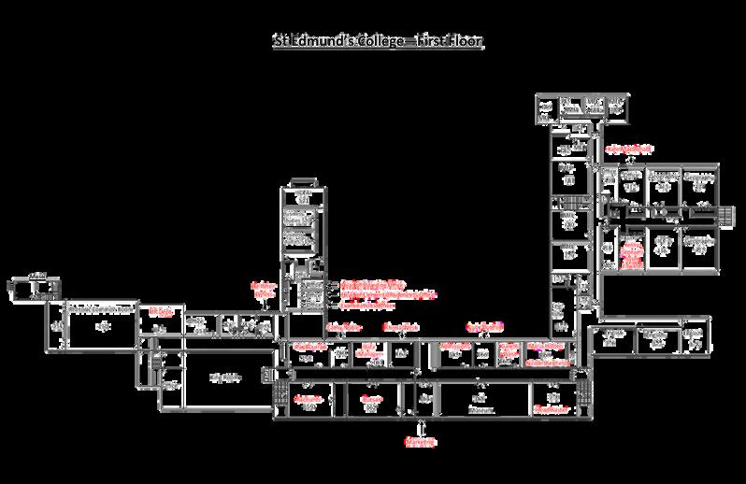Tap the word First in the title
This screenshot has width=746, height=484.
tap(424, 42)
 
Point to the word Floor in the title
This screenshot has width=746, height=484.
tap(463, 42)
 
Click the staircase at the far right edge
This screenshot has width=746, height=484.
tap(725, 214)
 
